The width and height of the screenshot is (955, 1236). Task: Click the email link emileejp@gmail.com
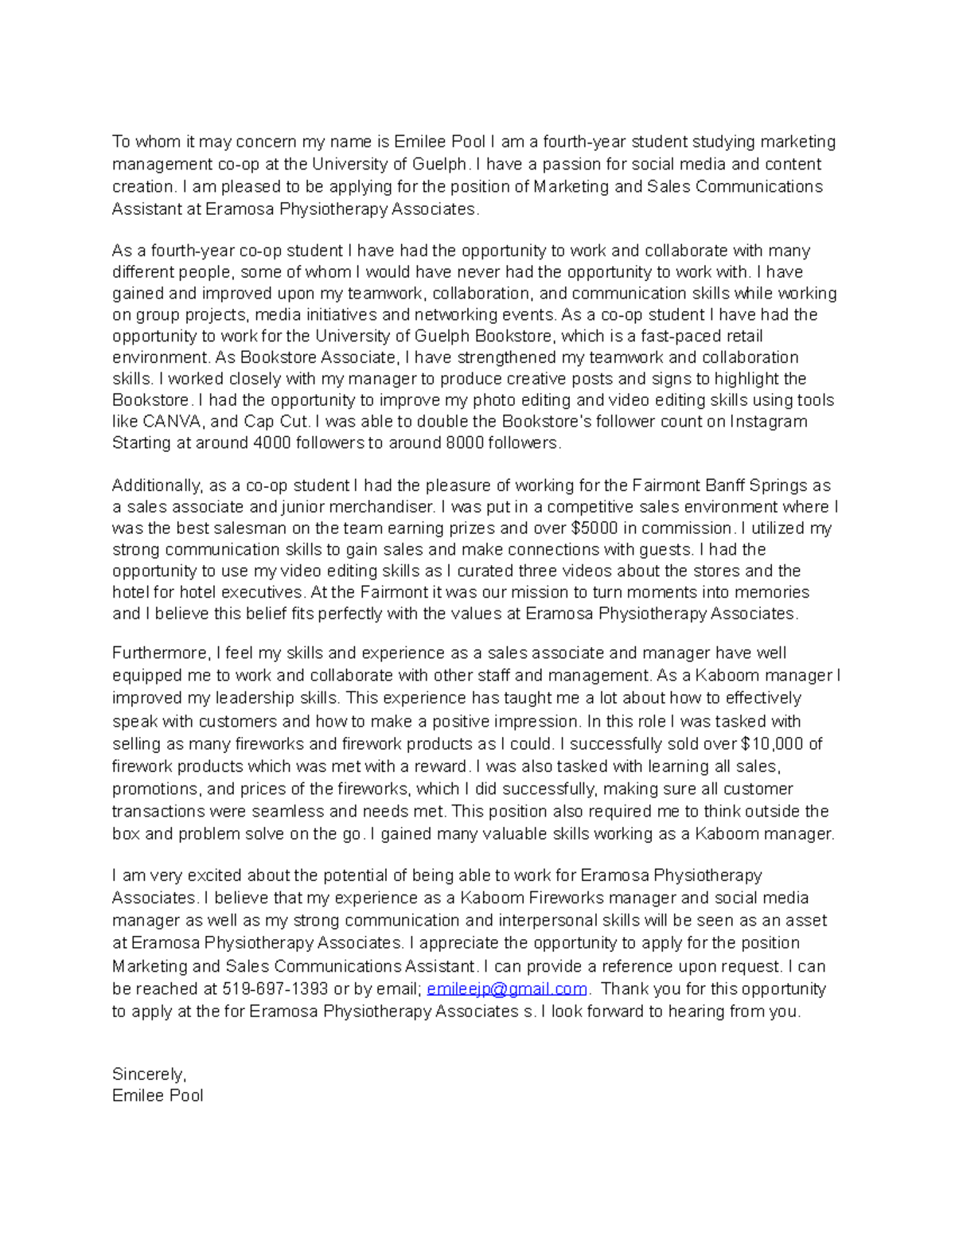pos(507,988)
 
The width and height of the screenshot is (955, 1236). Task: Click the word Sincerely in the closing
pos(149,1074)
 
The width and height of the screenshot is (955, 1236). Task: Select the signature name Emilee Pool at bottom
pos(158,1095)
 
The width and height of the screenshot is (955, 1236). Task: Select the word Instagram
pos(768,421)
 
